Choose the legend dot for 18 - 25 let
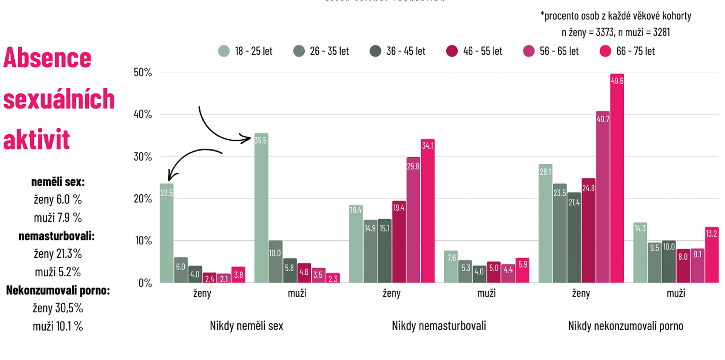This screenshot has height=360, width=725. click(224, 51)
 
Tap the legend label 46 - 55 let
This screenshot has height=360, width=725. click(483, 51)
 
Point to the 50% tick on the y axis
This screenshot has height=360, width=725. click(143, 72)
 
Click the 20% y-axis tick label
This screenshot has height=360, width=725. click(143, 198)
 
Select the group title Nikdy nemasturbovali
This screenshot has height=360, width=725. click(439, 326)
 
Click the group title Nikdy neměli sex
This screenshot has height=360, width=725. click(246, 326)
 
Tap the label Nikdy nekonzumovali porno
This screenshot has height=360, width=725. click(626, 326)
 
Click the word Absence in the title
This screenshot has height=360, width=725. click(47, 58)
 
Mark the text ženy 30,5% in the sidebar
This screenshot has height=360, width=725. click(58, 308)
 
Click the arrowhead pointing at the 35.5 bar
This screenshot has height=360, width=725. click(248, 139)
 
